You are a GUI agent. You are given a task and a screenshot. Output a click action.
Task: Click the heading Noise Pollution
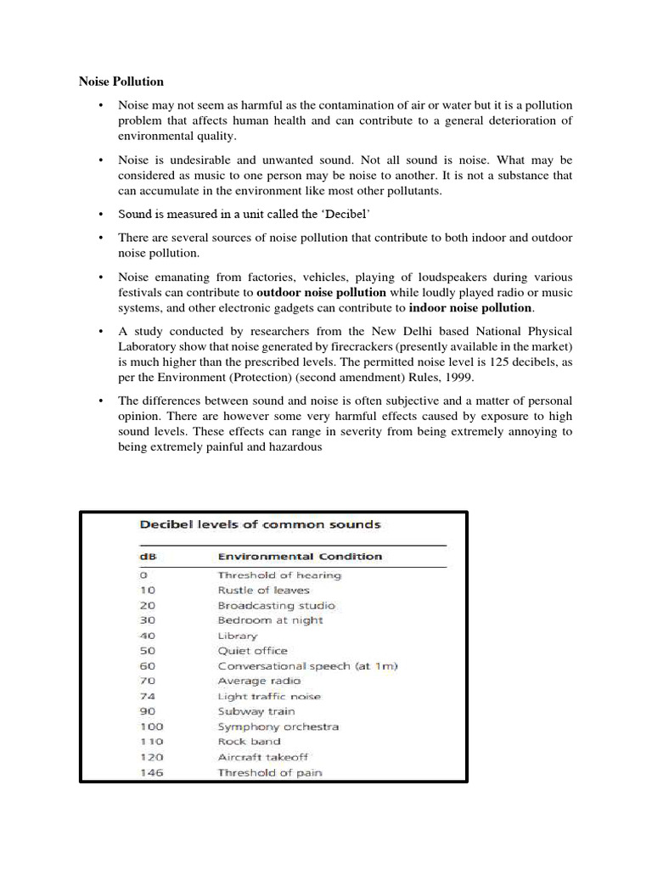pyautogui.click(x=121, y=82)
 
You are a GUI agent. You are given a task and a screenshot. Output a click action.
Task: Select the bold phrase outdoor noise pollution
pyautogui.click(x=321, y=293)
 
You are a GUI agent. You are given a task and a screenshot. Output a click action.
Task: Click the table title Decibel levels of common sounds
pyautogui.click(x=260, y=525)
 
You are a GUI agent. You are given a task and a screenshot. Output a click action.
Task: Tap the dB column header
pyautogui.click(x=148, y=557)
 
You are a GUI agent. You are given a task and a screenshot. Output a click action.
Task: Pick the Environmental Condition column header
pyautogui.click(x=300, y=557)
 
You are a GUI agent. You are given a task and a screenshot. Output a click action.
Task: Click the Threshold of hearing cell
pyautogui.click(x=279, y=575)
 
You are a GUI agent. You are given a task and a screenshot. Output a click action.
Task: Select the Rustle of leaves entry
pyautogui.click(x=264, y=590)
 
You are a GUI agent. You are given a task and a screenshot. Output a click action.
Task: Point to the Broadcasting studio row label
pyautogui.click(x=276, y=606)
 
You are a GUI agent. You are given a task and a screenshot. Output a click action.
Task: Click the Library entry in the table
pyautogui.click(x=237, y=636)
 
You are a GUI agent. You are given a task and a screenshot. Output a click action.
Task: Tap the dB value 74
pyautogui.click(x=149, y=696)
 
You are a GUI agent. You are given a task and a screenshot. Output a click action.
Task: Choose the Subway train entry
pyautogui.click(x=256, y=711)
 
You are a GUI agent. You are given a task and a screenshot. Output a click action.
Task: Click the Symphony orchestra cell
pyautogui.click(x=278, y=726)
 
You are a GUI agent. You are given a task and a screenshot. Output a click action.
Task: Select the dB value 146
pyautogui.click(x=152, y=772)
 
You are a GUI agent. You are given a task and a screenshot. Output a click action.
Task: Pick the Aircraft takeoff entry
pyautogui.click(x=263, y=757)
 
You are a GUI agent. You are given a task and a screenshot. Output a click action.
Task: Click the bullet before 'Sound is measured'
pyautogui.click(x=100, y=215)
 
